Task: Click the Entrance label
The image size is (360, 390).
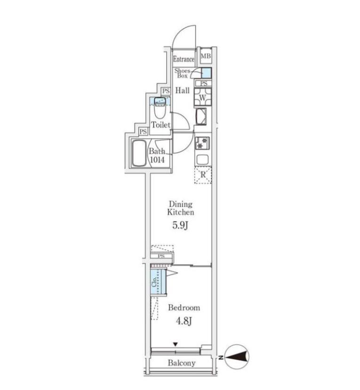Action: [x=184, y=59]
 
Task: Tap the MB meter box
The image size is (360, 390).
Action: [x=206, y=56]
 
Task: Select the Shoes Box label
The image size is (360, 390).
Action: [x=182, y=73]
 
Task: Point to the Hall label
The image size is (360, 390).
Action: [x=183, y=90]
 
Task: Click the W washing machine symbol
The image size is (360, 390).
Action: [x=203, y=97]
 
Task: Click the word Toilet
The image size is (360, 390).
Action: [x=161, y=125]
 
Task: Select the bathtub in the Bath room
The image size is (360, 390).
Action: [x=139, y=154]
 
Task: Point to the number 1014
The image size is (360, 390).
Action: [x=157, y=160]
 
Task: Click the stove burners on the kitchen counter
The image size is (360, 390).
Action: [x=202, y=143]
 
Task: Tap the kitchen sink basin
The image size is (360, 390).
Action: [x=203, y=159]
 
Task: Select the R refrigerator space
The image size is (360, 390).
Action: [x=203, y=175]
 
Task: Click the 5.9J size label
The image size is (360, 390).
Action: [x=180, y=225]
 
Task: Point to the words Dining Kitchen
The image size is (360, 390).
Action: [x=181, y=208]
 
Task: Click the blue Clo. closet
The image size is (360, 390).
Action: [x=158, y=282]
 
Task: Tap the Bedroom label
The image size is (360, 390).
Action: [x=184, y=308]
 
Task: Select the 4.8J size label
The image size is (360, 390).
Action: [x=184, y=321]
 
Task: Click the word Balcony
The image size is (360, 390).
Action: [x=182, y=363]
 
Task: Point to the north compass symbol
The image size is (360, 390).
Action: [x=236, y=357]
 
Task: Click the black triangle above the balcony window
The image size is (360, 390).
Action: [x=176, y=344]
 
